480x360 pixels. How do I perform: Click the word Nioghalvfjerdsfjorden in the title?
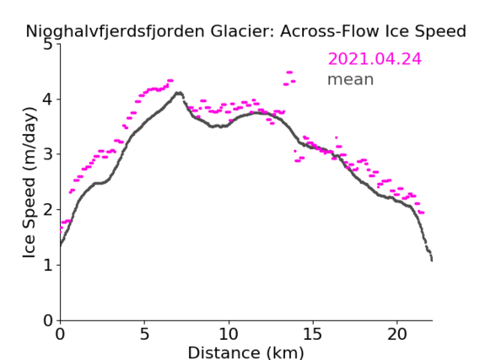[x=115, y=31]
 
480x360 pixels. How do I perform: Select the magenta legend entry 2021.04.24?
[x=375, y=59]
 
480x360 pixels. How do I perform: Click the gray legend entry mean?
[x=351, y=79]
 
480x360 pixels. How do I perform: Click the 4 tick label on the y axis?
[x=48, y=99]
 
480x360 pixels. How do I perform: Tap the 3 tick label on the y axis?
[x=48, y=154]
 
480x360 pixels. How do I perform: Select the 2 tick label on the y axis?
[x=48, y=210]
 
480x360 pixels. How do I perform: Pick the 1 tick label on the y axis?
[x=48, y=266]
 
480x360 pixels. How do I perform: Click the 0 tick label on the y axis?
[x=48, y=320]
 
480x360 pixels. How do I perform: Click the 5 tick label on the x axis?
[x=144, y=335]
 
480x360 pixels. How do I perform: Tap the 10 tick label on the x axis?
[x=229, y=335]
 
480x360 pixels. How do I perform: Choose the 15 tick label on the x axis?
[x=313, y=335]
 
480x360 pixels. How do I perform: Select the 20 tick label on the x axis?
[x=396, y=335]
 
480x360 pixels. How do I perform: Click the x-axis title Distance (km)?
[x=246, y=352]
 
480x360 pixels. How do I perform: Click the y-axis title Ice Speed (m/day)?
[x=30, y=183]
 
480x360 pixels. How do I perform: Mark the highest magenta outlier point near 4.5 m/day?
[x=289, y=73]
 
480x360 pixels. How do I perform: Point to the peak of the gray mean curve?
[x=179, y=93]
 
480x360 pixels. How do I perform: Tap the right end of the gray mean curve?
[x=432, y=261]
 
